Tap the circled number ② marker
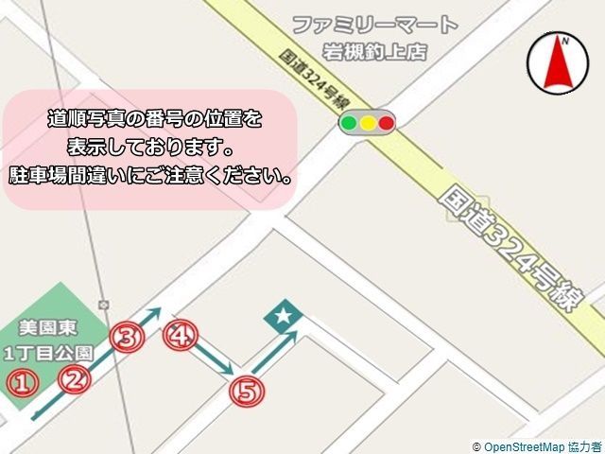[x=74, y=380]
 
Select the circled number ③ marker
[x=129, y=337]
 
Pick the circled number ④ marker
[x=181, y=336]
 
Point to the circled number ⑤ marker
[x=246, y=392]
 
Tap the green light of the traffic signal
[x=349, y=123]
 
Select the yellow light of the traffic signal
[x=368, y=123]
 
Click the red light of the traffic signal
[x=386, y=123]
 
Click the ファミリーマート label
[x=374, y=26]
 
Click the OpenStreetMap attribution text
[x=536, y=445]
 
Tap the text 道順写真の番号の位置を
[x=155, y=119]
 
